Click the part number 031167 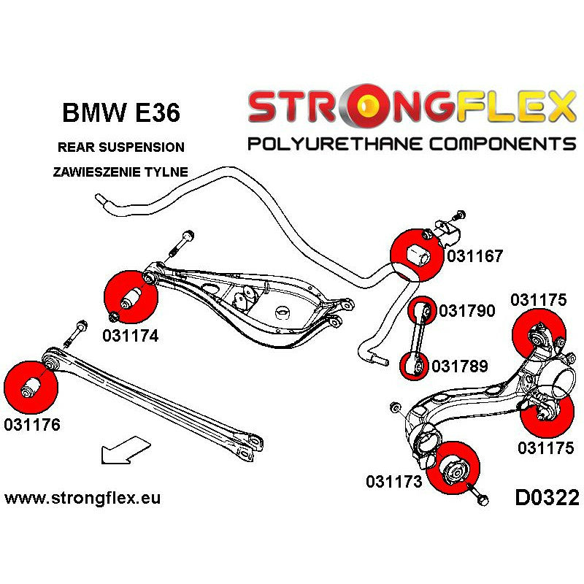(475, 256)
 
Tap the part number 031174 (131, 337)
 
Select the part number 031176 (32, 424)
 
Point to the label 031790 (467, 312)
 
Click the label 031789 (460, 365)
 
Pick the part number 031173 (395, 481)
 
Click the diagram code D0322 (546, 499)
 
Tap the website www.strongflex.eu (82, 499)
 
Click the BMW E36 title (120, 114)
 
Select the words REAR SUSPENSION (120, 147)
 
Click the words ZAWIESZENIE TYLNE (120, 172)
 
